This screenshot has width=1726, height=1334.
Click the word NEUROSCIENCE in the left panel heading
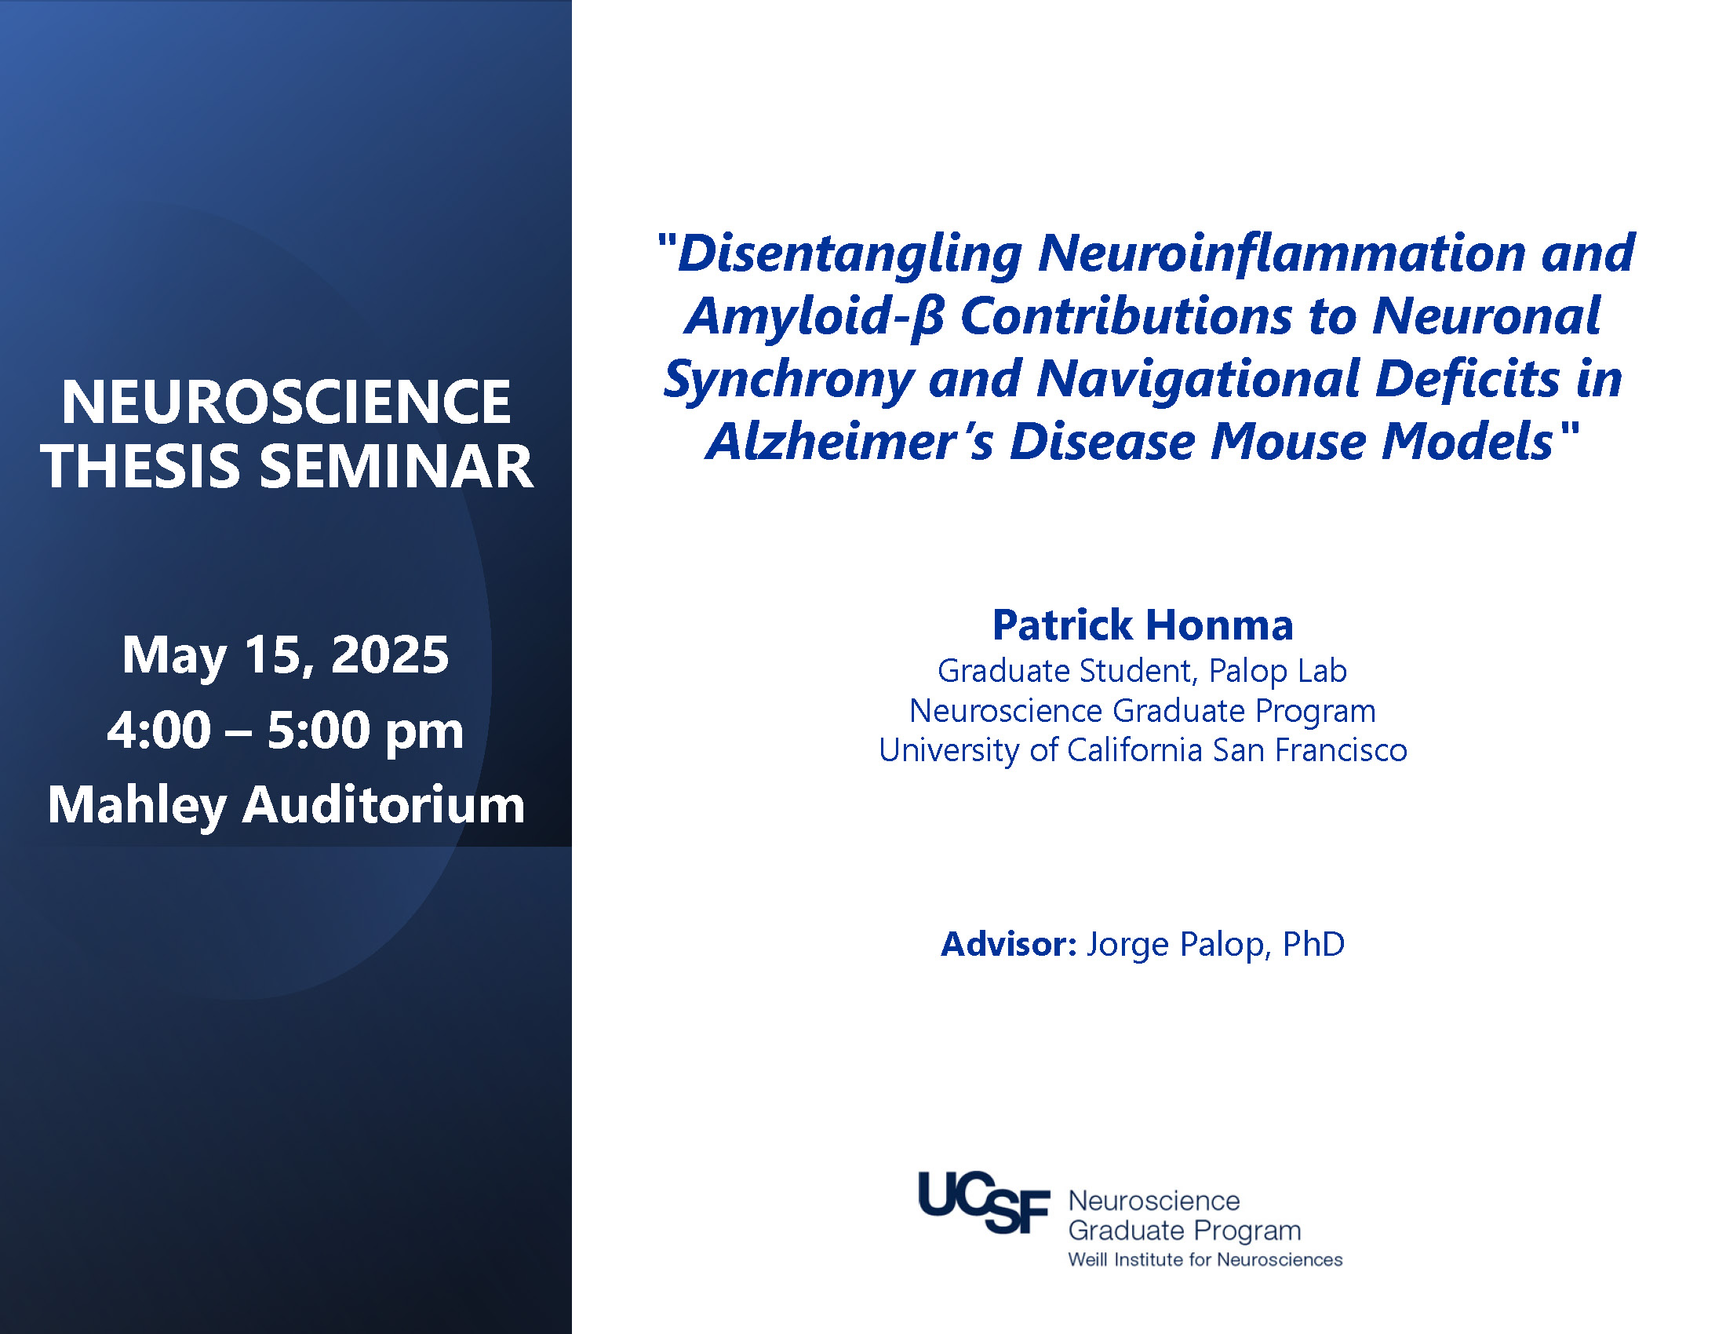286,402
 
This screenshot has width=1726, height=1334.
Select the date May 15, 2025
286,656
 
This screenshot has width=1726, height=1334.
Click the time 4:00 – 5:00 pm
286,731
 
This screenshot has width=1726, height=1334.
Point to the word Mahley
137,806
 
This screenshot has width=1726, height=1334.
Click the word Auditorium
384,805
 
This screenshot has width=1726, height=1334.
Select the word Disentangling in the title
850,254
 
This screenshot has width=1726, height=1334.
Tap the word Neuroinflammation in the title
1281,253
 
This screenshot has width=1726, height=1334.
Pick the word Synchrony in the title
788,380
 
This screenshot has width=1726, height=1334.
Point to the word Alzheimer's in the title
850,441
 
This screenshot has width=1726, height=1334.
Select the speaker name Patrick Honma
1143,625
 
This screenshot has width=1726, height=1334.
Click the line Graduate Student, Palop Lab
1142,672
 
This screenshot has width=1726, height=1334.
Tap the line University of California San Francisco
1143,750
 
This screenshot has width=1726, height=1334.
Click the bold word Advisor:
1008,944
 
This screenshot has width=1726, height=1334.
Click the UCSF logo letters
984,1202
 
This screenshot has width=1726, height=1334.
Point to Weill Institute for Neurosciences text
1205,1259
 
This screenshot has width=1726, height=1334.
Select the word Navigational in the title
1198,380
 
